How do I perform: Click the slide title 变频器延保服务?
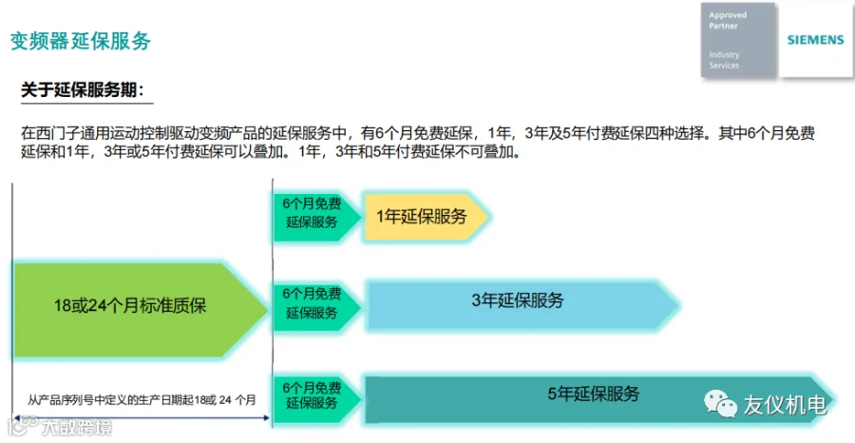(x=81, y=41)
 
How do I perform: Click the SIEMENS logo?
(x=815, y=41)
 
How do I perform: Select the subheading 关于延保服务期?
(x=84, y=90)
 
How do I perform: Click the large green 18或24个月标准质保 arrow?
(x=138, y=305)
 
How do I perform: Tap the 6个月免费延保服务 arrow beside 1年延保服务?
(x=313, y=212)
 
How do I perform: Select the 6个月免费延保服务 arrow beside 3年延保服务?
(x=313, y=303)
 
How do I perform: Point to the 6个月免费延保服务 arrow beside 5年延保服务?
(x=313, y=395)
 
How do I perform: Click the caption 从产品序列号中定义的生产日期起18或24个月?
(x=142, y=400)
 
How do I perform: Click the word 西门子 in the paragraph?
(x=53, y=134)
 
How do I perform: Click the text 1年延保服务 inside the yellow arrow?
(x=422, y=216)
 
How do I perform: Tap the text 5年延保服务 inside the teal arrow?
(x=593, y=394)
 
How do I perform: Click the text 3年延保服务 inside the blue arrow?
(x=517, y=301)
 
